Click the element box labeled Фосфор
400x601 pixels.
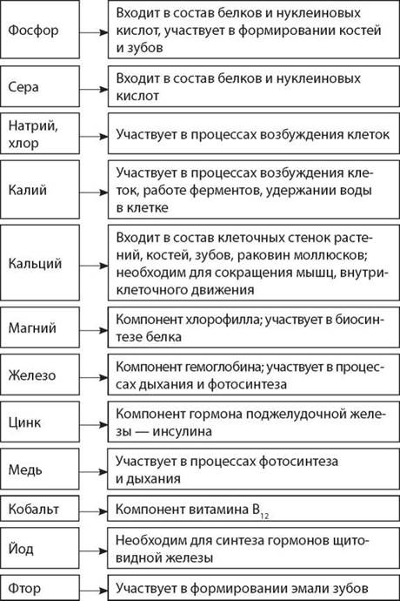40,29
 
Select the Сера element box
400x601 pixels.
40,86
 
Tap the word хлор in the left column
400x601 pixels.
23,143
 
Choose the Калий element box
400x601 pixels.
40,189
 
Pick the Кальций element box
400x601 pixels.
40,262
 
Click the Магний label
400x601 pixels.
32,328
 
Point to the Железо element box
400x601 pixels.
40,375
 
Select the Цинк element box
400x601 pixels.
40,422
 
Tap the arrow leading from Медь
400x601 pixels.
94,471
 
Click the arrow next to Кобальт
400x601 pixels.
94,511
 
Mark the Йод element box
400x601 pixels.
40,548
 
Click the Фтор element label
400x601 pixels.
24,588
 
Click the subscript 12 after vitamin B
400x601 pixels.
264,516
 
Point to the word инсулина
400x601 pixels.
182,431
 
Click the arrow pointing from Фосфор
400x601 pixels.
94,32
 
